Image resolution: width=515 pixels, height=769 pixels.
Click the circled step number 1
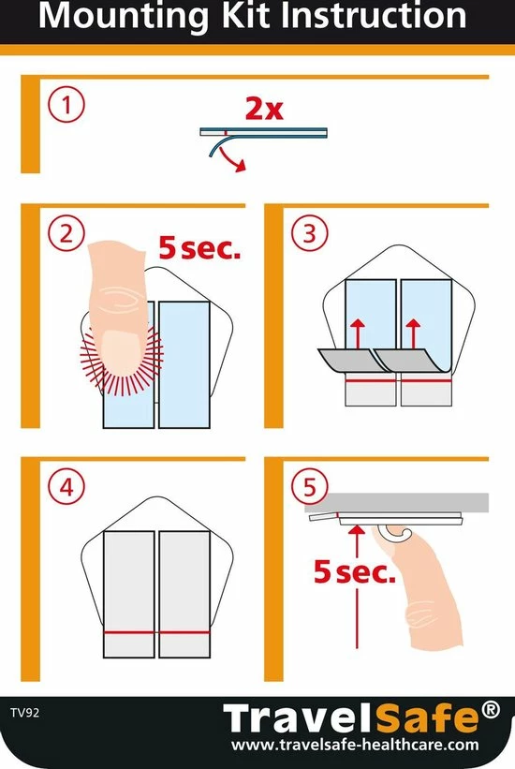(66, 105)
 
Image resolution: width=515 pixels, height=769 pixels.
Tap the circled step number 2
(66, 233)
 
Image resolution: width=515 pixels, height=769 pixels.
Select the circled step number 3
(310, 233)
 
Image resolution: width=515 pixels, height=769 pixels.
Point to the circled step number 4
(66, 487)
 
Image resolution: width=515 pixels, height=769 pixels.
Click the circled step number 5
(310, 487)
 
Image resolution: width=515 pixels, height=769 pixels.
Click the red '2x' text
(264, 109)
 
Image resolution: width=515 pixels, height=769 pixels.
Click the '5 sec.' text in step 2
(199, 248)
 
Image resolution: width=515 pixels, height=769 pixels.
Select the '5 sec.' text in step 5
(354, 572)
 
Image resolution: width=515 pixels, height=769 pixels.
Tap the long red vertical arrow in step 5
(357, 586)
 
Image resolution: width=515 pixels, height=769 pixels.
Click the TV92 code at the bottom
(24, 713)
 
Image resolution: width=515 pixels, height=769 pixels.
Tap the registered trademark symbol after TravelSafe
(491, 710)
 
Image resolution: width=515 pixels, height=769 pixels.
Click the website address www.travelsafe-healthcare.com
(355, 745)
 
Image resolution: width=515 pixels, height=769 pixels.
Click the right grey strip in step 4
(184, 595)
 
